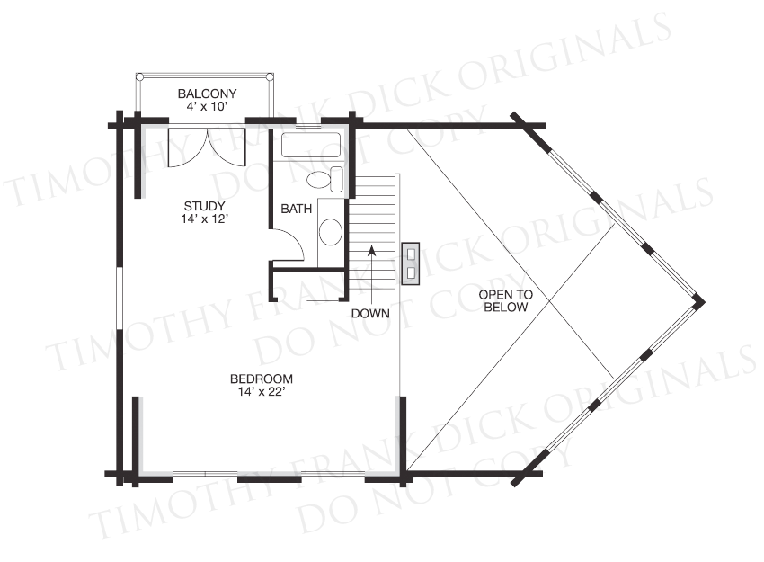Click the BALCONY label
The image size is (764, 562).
pyautogui.click(x=207, y=94)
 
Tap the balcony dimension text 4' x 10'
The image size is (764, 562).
pyautogui.click(x=207, y=106)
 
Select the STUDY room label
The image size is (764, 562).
pyautogui.click(x=205, y=206)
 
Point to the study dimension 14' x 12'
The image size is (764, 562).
pyautogui.click(x=205, y=219)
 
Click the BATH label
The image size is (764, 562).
pyautogui.click(x=297, y=210)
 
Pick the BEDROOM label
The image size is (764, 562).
pyautogui.click(x=262, y=379)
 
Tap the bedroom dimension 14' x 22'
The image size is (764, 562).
pyautogui.click(x=262, y=391)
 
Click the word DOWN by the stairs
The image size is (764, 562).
pyautogui.click(x=371, y=314)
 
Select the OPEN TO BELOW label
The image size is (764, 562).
pyautogui.click(x=506, y=300)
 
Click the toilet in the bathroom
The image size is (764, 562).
pyautogui.click(x=325, y=179)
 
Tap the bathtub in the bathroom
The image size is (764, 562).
pyautogui.click(x=310, y=146)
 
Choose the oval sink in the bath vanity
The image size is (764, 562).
pyautogui.click(x=331, y=232)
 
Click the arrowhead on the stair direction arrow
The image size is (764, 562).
pyautogui.click(x=372, y=250)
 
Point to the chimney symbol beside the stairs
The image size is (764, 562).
pyautogui.click(x=410, y=263)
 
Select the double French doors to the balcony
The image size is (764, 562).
pyautogui.click(x=208, y=147)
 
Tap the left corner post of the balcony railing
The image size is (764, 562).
pyautogui.click(x=139, y=77)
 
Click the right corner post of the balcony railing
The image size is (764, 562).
pyautogui.click(x=270, y=77)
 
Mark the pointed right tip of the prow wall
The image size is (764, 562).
pyautogui.click(x=705, y=300)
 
